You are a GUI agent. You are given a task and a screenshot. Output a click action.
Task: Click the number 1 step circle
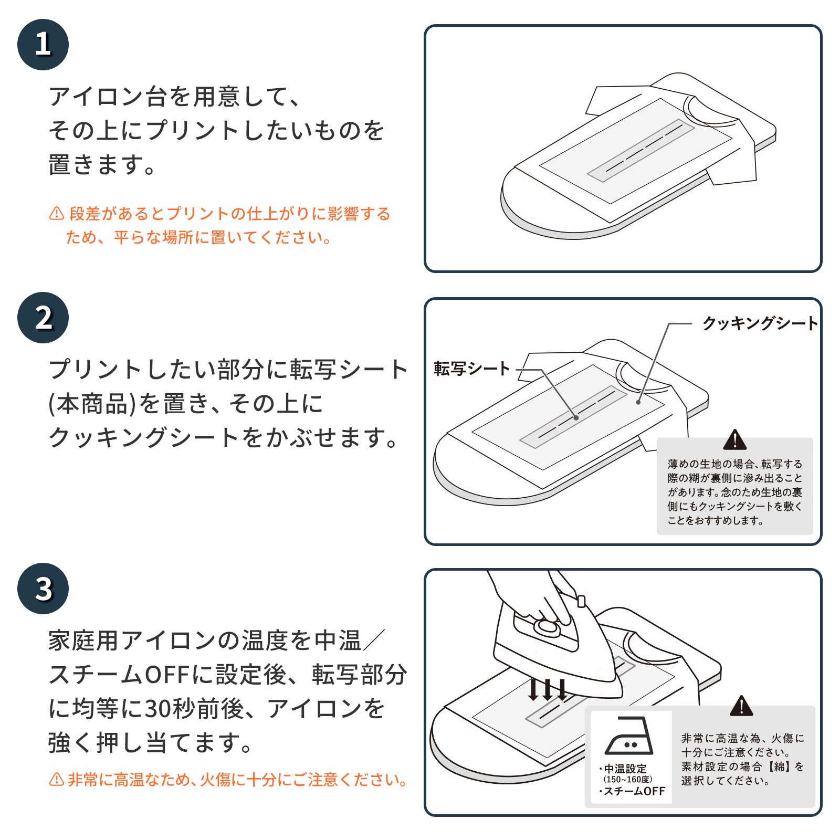click(43, 45)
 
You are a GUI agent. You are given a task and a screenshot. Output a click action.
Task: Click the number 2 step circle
click(43, 318)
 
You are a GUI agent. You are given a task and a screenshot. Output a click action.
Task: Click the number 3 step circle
click(43, 589)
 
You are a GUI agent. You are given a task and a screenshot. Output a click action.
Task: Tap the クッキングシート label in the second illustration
click(760, 323)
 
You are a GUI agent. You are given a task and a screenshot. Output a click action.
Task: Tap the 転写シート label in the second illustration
click(471, 369)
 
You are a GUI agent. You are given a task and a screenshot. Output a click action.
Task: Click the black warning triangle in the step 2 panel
click(734, 440)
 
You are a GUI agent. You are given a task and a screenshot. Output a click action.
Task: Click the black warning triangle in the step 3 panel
click(741, 707)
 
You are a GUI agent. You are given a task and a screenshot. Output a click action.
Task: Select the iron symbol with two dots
click(629, 736)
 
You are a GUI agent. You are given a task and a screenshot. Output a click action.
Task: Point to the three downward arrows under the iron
click(548, 690)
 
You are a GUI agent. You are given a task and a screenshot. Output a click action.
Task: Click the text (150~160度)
click(628, 780)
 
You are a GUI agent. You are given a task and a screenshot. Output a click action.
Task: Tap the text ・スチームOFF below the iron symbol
click(632, 792)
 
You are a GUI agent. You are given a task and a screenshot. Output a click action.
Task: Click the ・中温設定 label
click(623, 769)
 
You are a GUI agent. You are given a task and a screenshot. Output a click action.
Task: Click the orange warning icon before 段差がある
click(56, 214)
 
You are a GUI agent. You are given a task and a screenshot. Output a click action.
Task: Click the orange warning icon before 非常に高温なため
click(56, 780)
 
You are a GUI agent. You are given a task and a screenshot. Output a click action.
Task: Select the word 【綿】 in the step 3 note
click(780, 766)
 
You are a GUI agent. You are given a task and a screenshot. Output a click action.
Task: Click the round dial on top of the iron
click(547, 626)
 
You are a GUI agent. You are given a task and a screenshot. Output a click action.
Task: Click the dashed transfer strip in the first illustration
click(640, 150)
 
